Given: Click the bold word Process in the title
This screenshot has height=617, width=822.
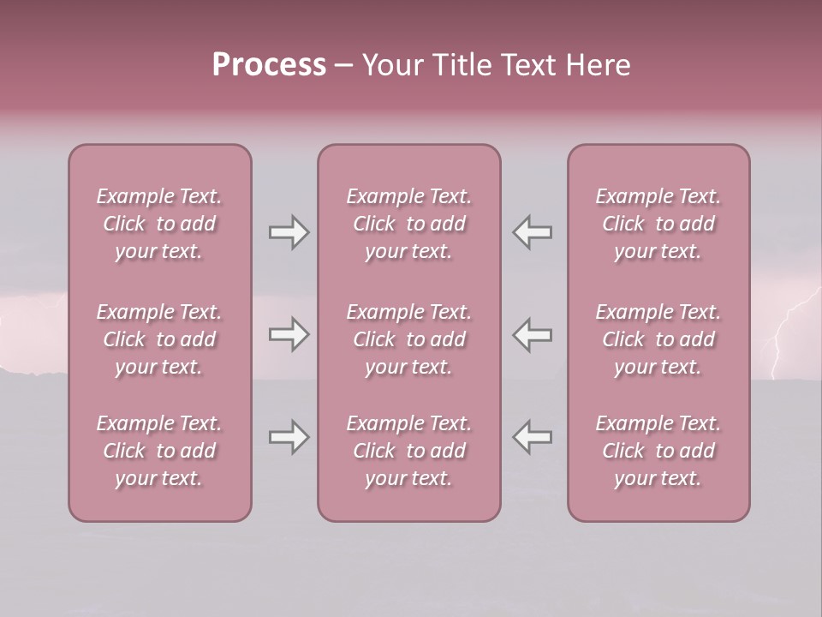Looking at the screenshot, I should tap(269, 65).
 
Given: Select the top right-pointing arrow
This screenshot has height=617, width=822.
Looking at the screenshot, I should tap(289, 232).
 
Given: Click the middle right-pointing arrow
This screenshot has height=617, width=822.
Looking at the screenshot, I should tap(289, 335).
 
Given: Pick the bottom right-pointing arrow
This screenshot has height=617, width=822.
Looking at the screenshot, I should tap(289, 438).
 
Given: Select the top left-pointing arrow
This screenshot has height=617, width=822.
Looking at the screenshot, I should tap(533, 232).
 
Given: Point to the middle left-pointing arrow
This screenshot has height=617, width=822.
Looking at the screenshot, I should tap(533, 335).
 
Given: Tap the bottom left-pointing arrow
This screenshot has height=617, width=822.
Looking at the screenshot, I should tap(533, 438).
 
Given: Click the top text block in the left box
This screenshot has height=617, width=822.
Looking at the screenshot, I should tap(159, 224).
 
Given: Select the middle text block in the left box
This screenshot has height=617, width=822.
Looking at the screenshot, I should tap(159, 339).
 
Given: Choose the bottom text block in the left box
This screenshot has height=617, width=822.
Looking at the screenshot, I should tap(159, 451).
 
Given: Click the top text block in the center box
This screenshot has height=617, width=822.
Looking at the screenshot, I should tap(409, 224).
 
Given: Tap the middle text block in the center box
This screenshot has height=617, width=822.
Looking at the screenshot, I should tap(409, 339).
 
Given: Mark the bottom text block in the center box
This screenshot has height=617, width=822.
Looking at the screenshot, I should tap(409, 451).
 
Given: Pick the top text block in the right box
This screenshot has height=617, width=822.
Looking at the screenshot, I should tap(658, 224).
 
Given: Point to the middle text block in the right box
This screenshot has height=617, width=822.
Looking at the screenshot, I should tap(658, 339).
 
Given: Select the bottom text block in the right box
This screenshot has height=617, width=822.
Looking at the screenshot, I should tap(658, 451).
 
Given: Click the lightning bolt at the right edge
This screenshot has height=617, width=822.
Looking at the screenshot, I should tap(783, 334).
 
